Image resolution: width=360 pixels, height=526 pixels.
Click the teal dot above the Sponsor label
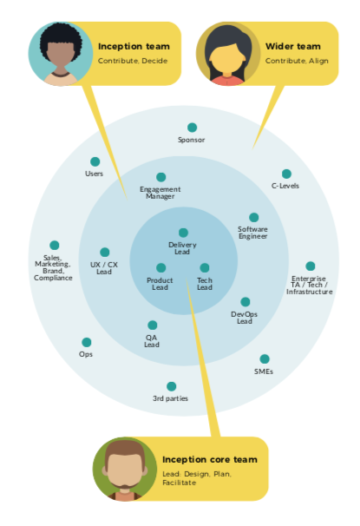(x=192, y=128)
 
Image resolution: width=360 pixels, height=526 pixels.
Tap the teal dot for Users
(x=95, y=161)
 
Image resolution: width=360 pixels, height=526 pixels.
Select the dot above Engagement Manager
(x=160, y=177)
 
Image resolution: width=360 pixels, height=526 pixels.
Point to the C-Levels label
(x=285, y=186)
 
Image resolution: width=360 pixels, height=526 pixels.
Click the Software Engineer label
(x=252, y=233)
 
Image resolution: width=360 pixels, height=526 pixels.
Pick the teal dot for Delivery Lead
(x=183, y=233)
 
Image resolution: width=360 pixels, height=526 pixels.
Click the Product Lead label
(x=160, y=284)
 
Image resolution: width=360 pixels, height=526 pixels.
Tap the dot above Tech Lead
(x=205, y=267)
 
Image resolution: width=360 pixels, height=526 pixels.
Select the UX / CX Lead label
(x=104, y=268)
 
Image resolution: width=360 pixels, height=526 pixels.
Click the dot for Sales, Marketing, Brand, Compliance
(x=55, y=246)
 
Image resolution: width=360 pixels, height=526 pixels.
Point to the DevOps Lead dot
(x=245, y=302)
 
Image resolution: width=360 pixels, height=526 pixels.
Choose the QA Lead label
(x=152, y=341)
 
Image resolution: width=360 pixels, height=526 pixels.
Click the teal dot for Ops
(x=87, y=342)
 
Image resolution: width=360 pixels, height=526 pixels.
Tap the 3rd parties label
(x=170, y=398)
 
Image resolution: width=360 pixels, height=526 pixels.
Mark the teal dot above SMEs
(x=265, y=359)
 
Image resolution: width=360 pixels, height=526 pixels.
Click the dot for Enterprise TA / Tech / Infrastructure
(x=311, y=266)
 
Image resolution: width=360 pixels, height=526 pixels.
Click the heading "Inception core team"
(x=210, y=459)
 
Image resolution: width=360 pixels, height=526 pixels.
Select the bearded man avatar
(x=125, y=469)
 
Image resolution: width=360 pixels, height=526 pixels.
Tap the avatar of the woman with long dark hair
(x=228, y=54)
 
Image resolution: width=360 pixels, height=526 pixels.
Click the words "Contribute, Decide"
(x=133, y=61)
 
